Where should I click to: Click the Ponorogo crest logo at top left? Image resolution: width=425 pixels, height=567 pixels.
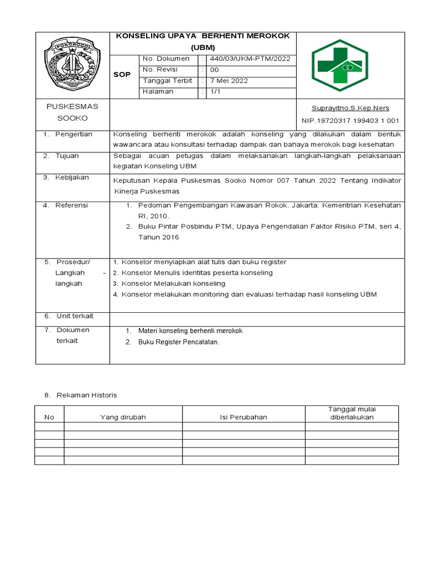point(72,65)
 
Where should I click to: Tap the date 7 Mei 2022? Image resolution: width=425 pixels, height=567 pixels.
point(227,81)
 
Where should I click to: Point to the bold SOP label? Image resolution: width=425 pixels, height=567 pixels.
point(122,75)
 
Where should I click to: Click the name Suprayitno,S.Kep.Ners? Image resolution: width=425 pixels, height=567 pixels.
point(351,108)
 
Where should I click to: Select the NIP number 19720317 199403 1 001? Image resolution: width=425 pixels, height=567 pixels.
point(350,121)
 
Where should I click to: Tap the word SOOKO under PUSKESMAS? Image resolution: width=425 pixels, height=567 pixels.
point(72,118)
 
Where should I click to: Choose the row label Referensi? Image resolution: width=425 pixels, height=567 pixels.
point(71,205)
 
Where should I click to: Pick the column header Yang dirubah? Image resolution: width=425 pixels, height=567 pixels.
point(122,417)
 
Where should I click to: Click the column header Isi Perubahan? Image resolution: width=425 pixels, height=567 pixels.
point(243,417)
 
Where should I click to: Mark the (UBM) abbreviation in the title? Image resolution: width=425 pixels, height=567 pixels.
point(204,48)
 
